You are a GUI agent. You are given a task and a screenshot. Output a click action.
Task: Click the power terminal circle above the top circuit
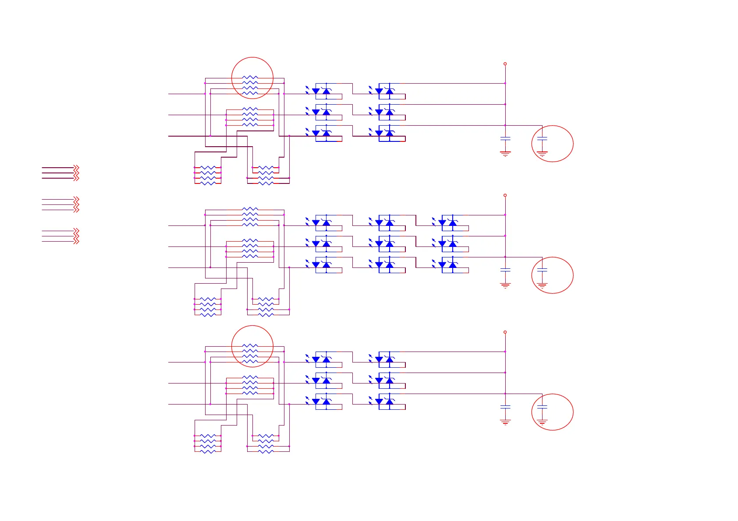505,64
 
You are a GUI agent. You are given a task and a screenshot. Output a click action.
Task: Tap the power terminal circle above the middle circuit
505,195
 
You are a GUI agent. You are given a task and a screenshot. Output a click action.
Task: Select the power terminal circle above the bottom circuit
505,332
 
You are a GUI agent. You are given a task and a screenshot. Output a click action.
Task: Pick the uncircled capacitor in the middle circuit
505,270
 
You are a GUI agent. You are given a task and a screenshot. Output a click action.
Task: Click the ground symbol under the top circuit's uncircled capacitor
505,154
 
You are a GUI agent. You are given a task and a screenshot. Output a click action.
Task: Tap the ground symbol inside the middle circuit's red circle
542,285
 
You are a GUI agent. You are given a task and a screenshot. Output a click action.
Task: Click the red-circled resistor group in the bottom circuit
250,353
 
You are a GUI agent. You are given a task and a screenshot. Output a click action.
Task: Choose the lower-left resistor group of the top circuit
208,175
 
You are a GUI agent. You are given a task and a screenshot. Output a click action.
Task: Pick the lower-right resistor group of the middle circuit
266,307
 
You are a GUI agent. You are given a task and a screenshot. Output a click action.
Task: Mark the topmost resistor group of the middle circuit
250,217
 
